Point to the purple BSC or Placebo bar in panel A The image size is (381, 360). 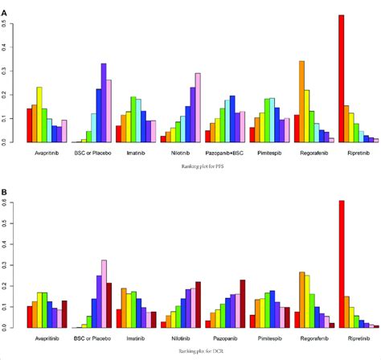[103, 103]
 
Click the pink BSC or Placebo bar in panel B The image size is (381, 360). [104, 293]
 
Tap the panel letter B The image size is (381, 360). [6, 194]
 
